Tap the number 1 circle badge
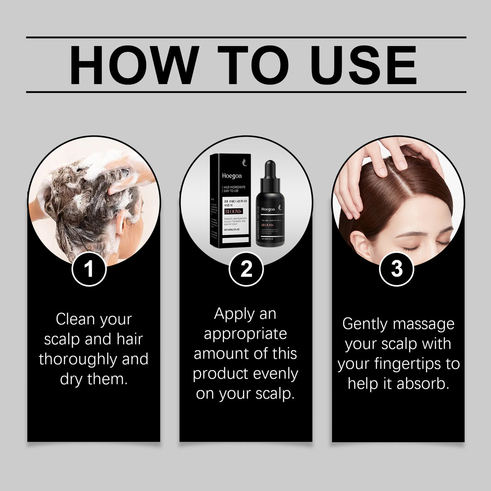pyautogui.click(x=89, y=269)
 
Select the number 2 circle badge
pyautogui.click(x=246, y=269)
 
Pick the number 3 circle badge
pyautogui.click(x=397, y=269)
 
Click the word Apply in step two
pyautogui.click(x=234, y=314)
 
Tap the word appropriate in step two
pyautogui.click(x=245, y=334)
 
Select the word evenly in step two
pyautogui.click(x=277, y=374)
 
